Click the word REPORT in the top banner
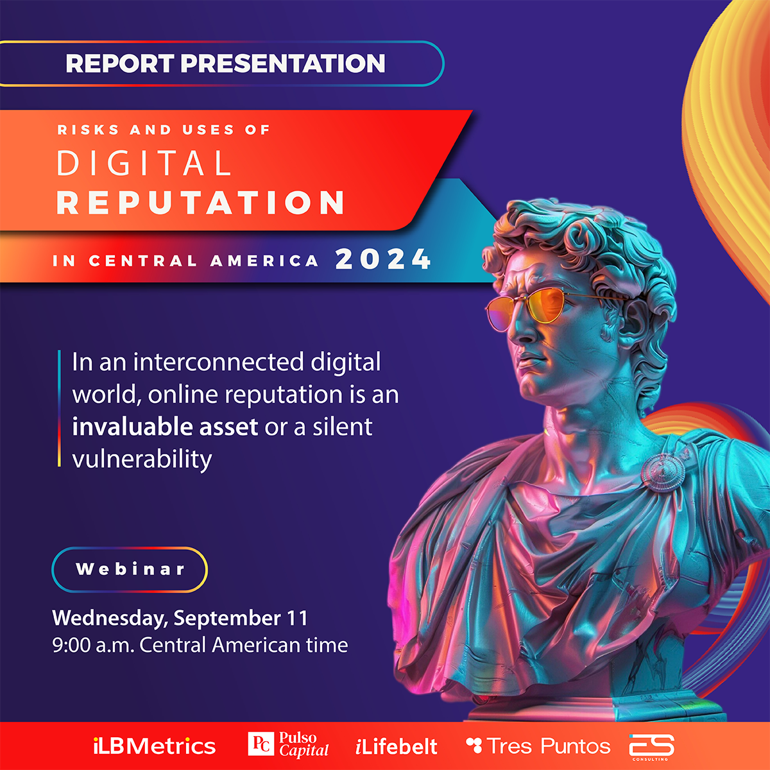120,63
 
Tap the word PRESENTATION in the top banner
283,63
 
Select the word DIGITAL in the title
144,163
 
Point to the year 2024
383,259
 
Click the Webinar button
130,569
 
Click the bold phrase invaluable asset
165,427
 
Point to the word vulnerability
142,459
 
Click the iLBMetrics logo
154,746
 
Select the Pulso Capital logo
288,744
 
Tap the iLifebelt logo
397,746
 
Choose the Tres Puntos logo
538,746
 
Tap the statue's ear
635,323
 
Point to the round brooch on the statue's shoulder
663,473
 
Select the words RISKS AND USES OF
164,130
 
